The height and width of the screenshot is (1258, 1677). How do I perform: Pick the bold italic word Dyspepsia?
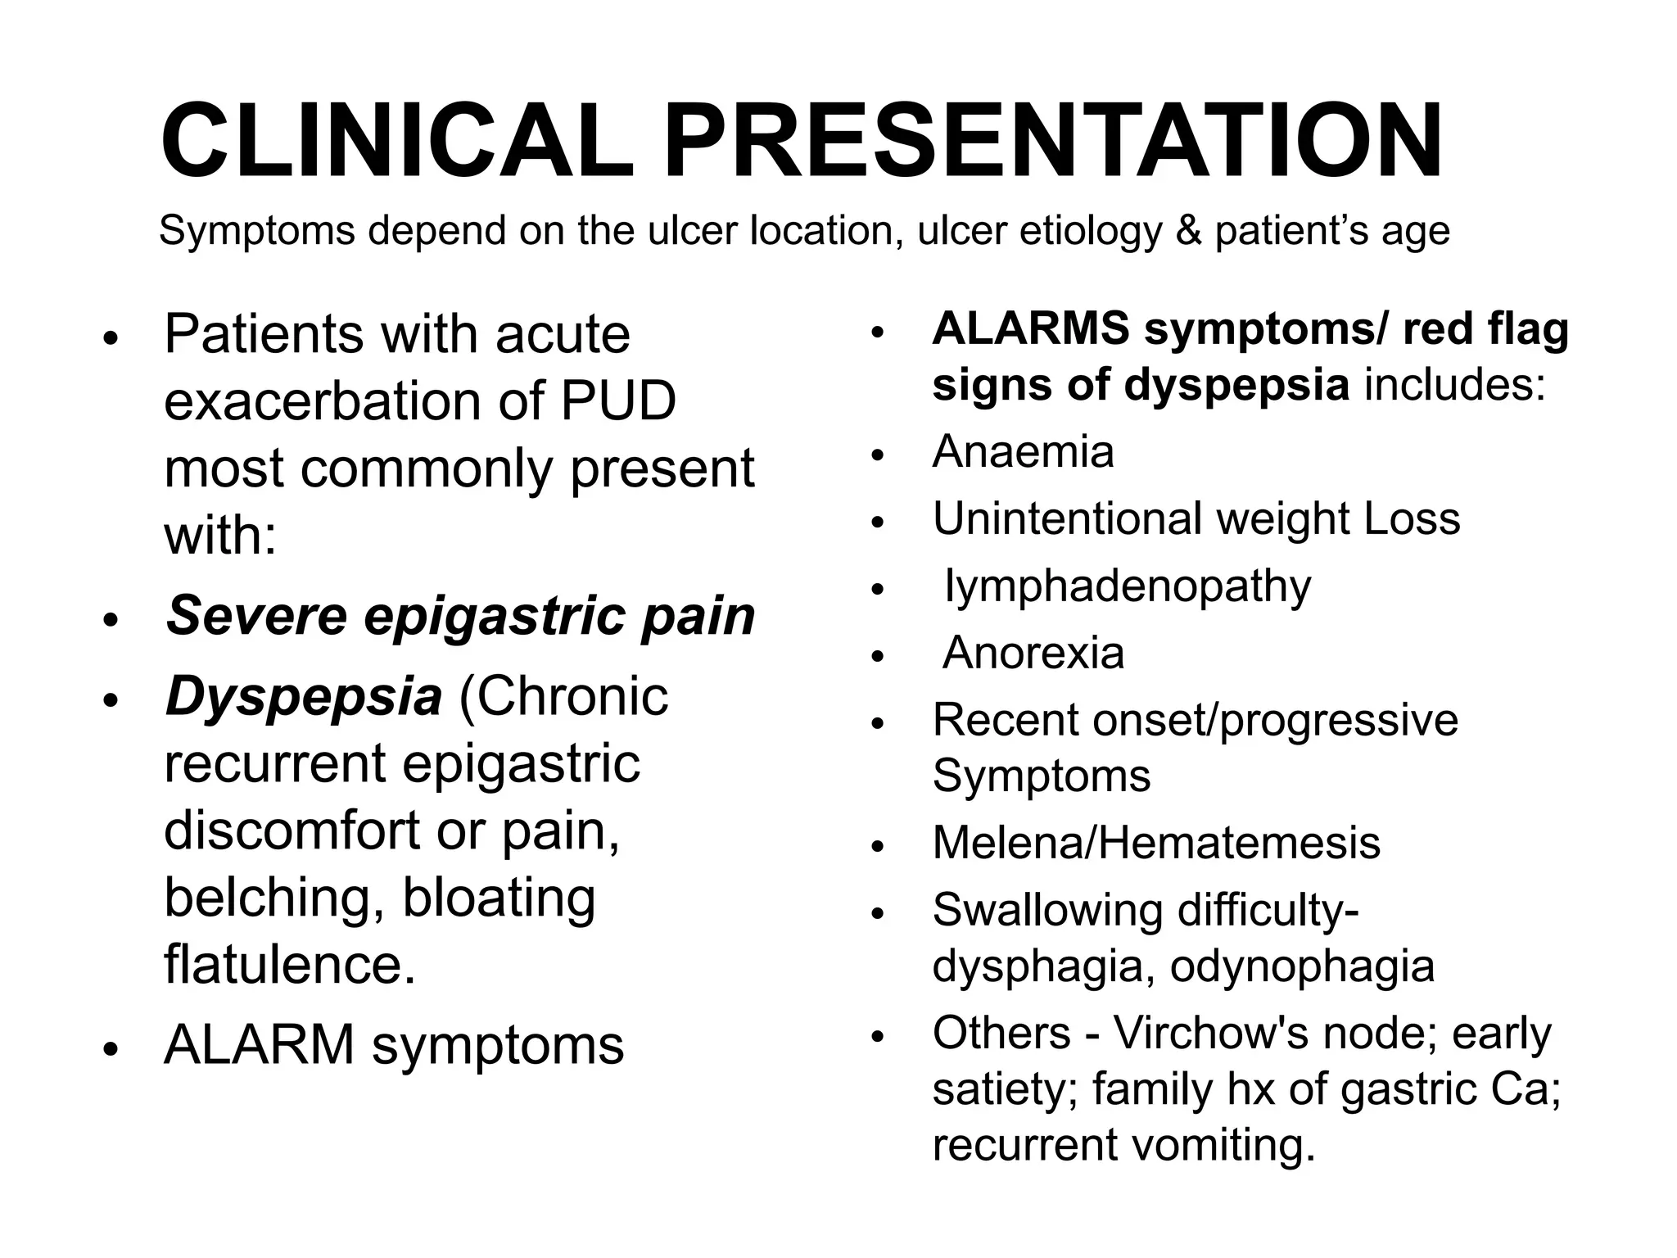303,697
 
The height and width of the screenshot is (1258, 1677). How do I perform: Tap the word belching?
274,898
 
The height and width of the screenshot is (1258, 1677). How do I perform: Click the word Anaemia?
1023,451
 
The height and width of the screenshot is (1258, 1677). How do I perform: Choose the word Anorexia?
1033,653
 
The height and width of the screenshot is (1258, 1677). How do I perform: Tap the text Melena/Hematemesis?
1156,843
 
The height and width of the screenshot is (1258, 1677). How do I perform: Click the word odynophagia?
1302,966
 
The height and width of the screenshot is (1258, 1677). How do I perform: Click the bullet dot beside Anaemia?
878,456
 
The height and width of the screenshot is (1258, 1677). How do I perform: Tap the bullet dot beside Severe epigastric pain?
111,620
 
